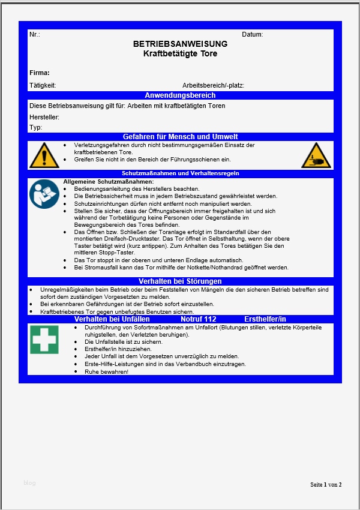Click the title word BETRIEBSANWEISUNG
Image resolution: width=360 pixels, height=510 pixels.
[180, 44]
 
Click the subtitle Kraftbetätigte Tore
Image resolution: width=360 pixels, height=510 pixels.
[180, 54]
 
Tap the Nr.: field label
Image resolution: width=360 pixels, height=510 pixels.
[34, 34]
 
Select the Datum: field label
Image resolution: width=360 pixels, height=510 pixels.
[252, 34]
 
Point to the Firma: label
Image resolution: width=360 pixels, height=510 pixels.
[39, 73]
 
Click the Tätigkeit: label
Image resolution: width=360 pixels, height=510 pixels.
[42, 85]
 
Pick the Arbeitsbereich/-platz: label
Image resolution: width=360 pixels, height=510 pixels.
[213, 85]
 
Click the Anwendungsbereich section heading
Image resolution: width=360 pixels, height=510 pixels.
[180, 95]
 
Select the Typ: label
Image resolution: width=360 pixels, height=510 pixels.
[35, 127]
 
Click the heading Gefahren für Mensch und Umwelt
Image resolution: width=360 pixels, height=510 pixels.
[180, 137]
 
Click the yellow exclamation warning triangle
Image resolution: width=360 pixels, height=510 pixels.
[44, 155]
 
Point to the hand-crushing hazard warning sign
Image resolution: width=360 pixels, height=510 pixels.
[316, 155]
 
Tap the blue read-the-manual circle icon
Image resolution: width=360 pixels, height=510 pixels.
[44, 193]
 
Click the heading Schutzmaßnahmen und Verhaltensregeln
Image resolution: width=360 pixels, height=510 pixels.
[180, 173]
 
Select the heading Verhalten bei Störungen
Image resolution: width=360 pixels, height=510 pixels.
[180, 281]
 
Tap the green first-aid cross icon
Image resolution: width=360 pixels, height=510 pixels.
[44, 339]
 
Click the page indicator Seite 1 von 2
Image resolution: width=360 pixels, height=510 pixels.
[326, 484]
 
